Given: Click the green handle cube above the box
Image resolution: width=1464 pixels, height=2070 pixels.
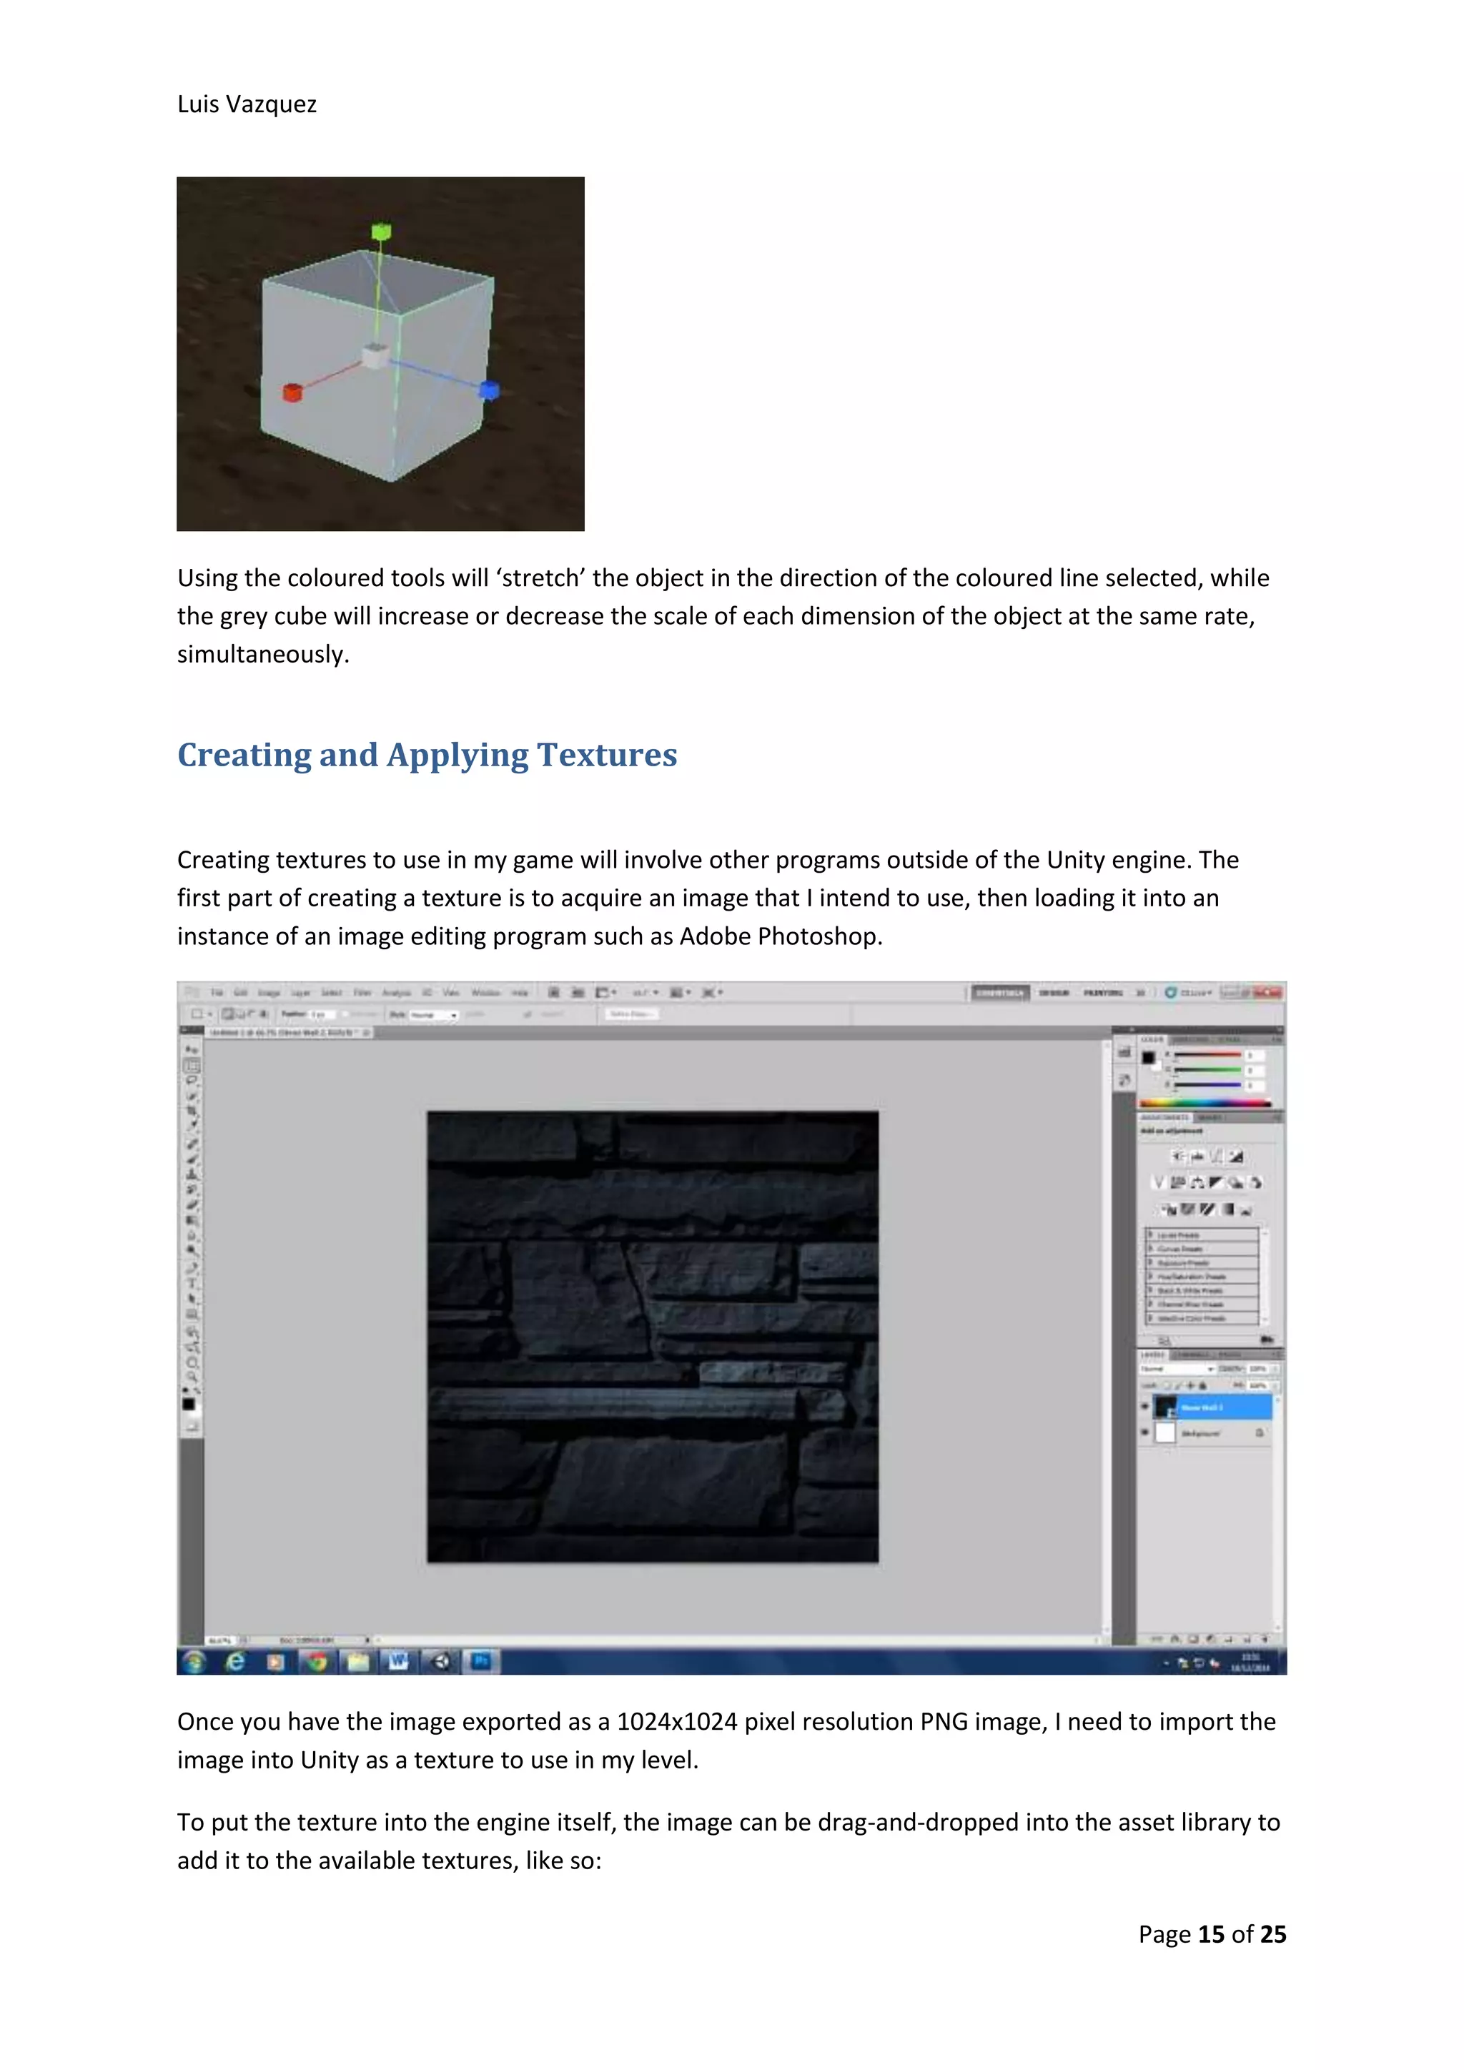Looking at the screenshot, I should (381, 232).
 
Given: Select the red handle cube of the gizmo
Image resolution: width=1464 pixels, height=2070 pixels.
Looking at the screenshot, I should (292, 392).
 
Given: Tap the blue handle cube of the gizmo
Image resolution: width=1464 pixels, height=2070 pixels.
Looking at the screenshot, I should (489, 390).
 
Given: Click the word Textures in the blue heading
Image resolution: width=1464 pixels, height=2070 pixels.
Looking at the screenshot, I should (607, 755).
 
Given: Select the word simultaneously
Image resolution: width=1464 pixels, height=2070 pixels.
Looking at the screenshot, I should (262, 655).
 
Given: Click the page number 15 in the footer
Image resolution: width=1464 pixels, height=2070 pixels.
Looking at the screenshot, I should (1211, 1935).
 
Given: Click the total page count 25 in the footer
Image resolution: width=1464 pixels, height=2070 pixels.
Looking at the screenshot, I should (1273, 1935).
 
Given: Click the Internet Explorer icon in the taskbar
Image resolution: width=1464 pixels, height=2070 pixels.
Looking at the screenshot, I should (235, 1660).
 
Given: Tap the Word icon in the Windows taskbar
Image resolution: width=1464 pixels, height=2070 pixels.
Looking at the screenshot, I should (397, 1660).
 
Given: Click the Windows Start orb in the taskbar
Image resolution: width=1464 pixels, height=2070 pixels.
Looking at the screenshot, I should (194, 1660).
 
